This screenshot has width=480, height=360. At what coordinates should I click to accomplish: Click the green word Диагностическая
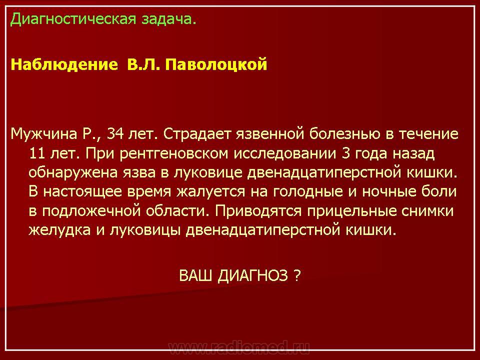click(73, 19)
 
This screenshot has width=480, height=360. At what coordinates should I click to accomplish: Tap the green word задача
click(168, 19)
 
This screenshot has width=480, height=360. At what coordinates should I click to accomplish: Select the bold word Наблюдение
click(64, 64)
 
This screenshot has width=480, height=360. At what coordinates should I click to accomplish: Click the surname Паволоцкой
click(216, 65)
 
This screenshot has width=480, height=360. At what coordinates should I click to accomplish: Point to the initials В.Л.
click(143, 64)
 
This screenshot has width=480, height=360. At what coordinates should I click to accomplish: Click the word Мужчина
click(44, 134)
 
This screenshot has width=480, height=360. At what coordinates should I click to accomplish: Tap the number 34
click(115, 134)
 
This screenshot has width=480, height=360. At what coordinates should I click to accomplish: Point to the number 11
click(37, 153)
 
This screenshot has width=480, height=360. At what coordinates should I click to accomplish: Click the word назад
click(413, 153)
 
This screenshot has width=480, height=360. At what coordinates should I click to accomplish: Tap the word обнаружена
click(73, 173)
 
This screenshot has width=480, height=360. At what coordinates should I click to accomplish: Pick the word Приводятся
click(258, 211)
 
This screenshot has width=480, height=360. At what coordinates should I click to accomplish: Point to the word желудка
click(59, 230)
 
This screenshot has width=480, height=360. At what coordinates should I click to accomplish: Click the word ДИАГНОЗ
click(253, 275)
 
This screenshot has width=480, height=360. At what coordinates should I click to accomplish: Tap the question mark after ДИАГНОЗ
click(297, 275)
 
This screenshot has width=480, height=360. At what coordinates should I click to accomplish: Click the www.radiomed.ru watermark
click(239, 347)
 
